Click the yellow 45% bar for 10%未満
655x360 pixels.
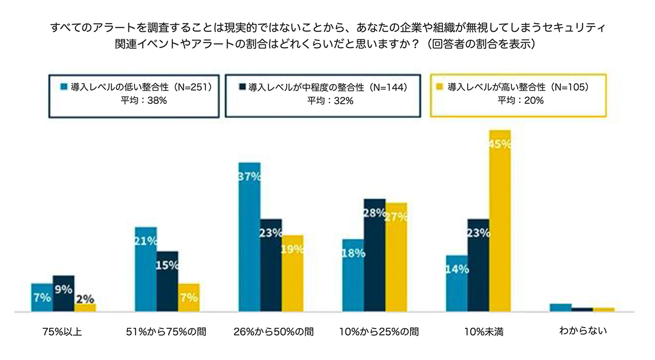click(500, 221)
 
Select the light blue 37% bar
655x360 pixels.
click(249, 237)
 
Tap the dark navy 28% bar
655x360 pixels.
click(375, 255)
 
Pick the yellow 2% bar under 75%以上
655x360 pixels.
click(85, 307)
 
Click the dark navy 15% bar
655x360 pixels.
click(167, 281)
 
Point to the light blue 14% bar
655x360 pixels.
click(456, 283)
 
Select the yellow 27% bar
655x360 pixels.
click(396, 257)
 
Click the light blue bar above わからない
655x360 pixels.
click(560, 307)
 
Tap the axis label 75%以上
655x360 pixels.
click(62, 332)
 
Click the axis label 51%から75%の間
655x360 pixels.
click(166, 332)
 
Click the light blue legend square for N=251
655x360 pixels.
click(64, 86)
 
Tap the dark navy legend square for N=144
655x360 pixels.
click(242, 86)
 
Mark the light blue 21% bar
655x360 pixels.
click(145, 269)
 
